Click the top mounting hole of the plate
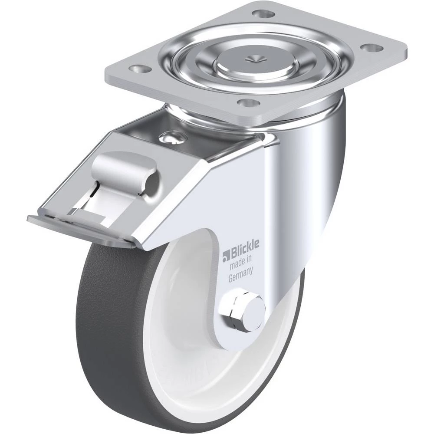coord(264,13)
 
